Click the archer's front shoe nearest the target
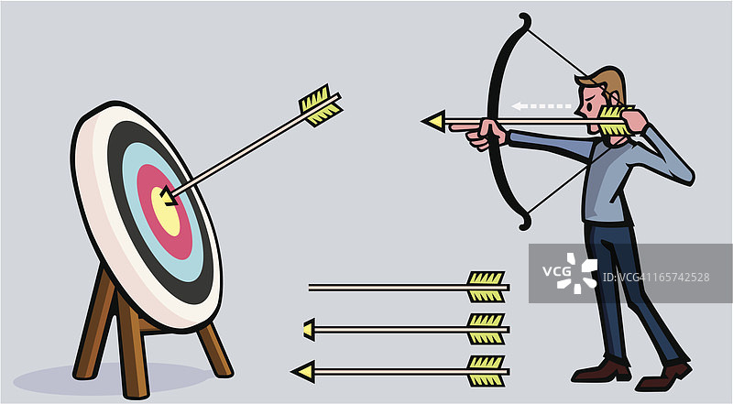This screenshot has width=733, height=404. (601, 370)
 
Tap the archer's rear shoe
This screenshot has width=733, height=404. (664, 375)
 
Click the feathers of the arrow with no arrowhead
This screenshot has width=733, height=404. (486, 287)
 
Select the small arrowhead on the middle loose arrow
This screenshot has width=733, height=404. (309, 328)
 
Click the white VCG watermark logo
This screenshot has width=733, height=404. (576, 273)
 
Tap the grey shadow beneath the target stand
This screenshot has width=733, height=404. (110, 377)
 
